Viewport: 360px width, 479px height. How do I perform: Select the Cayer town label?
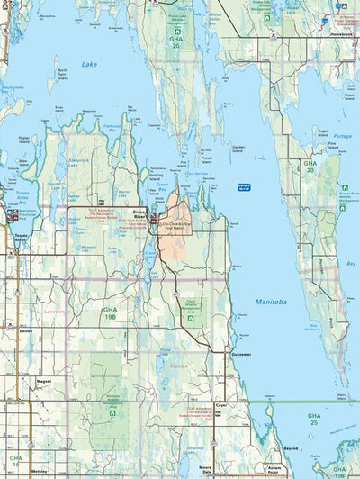(222, 406)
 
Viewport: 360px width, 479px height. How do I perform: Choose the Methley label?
(39, 470)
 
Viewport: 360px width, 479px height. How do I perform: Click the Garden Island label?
(238, 147)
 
